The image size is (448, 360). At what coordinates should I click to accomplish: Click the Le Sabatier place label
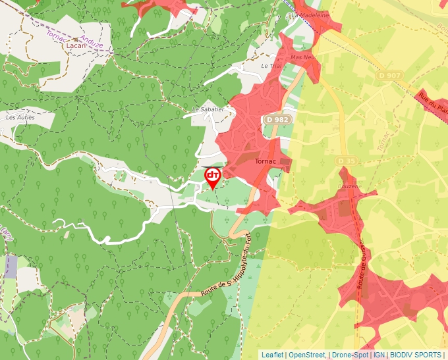click(208, 109)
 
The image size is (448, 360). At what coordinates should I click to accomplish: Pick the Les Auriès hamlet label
click(19, 117)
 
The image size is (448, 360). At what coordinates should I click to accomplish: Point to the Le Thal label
click(271, 66)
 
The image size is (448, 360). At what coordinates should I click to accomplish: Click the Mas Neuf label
click(304, 57)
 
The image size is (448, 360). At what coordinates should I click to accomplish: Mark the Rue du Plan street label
click(433, 102)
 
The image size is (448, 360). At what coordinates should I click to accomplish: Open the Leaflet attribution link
click(272, 355)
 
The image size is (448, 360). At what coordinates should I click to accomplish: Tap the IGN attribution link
click(379, 355)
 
